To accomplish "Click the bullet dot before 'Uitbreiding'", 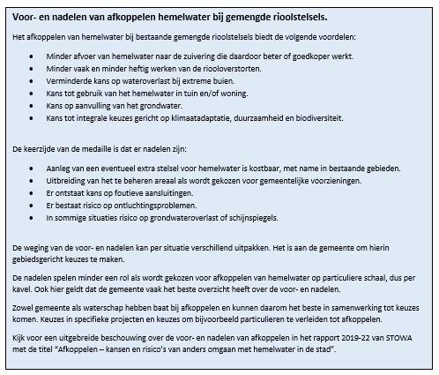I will (x=30, y=180).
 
